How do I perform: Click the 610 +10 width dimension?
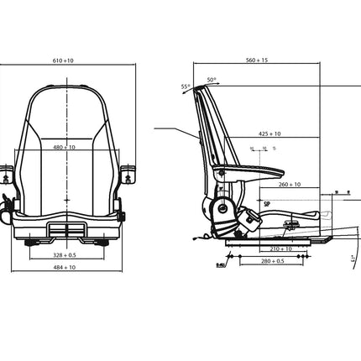coord(74,60)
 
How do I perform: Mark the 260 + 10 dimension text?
coord(290,185)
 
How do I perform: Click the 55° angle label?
coord(185,86)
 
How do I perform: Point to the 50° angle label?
coord(212,80)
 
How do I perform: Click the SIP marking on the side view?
coord(267,202)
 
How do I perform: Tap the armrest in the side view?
coord(243,171)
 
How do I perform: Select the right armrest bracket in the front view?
coord(128,175)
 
